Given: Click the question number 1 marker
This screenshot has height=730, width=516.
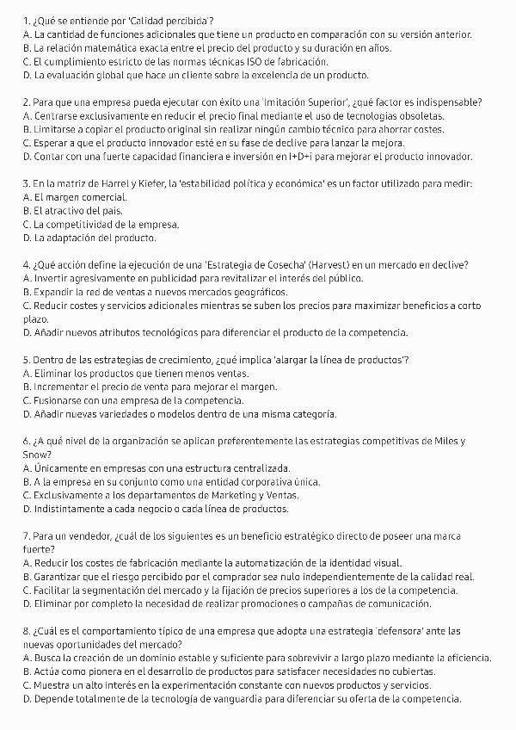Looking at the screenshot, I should (26, 19).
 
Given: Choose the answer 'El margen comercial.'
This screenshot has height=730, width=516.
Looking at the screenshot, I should (72, 197).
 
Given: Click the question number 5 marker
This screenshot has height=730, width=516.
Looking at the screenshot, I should (26, 359).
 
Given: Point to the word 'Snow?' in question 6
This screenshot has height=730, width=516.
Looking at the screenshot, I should (36, 455).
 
